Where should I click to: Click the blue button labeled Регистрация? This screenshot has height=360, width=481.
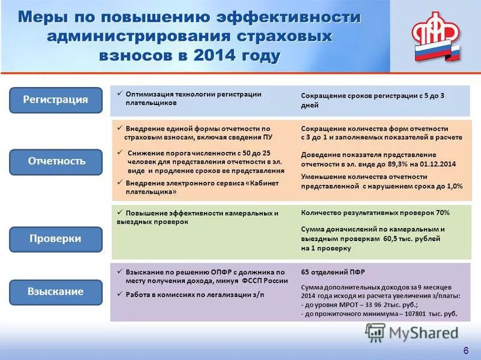pos(55,100)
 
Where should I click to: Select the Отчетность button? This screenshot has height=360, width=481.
pos(55,161)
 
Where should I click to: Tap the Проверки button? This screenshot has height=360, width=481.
pos(55,239)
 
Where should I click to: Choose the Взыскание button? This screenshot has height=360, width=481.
pos(55,292)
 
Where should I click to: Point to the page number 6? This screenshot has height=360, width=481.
pos(465,350)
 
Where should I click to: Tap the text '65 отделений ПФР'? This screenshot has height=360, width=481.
pos(333,272)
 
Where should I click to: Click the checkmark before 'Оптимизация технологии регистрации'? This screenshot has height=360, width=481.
pos(120,94)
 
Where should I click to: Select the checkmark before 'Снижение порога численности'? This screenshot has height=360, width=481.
pos(120,153)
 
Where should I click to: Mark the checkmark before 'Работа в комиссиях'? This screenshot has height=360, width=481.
pos(120,294)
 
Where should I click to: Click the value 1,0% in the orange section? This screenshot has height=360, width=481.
pos(453,187)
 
